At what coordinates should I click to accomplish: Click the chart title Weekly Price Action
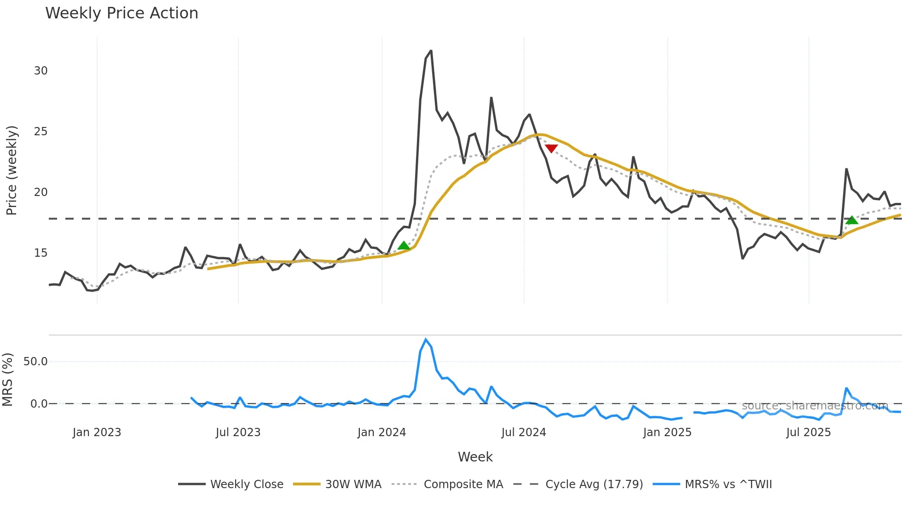[121, 13]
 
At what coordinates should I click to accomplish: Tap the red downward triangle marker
[551, 148]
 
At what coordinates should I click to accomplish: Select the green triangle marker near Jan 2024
[404, 246]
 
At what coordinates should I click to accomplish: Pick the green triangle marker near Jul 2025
[852, 220]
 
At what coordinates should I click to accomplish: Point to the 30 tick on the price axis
[41, 71]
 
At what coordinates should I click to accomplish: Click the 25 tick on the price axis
[41, 132]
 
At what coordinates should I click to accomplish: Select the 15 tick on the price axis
[41, 253]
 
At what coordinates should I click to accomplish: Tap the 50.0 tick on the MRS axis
[35, 362]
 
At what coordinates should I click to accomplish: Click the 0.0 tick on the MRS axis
[39, 404]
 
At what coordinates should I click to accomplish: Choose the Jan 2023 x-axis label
[97, 432]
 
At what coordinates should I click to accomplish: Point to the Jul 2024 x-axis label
[524, 432]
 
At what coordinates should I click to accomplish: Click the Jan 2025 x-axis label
[667, 432]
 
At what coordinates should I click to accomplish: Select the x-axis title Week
[475, 457]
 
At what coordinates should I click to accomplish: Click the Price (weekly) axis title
[12, 170]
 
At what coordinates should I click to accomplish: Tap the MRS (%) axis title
[8, 380]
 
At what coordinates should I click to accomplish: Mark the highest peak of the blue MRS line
[426, 340]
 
